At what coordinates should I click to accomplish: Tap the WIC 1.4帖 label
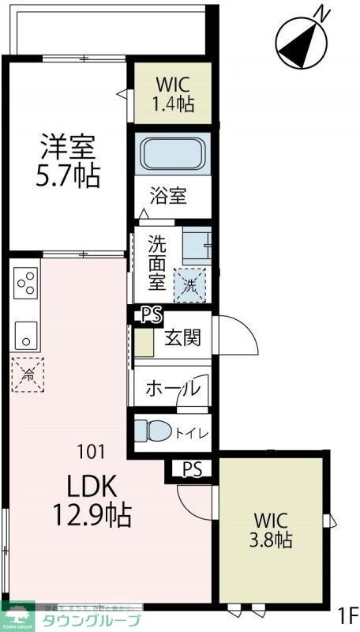coord(172,94)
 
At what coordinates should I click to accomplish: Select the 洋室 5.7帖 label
coord(68,162)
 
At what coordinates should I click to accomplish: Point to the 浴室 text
coord(170,195)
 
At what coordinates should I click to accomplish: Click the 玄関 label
coord(182,338)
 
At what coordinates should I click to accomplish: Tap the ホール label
coord(172,389)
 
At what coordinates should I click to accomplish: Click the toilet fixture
coord(151,431)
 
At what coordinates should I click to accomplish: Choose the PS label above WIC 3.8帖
coord(192,469)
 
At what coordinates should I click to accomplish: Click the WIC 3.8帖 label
coord(273,531)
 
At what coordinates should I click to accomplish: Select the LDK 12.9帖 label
coord(91,501)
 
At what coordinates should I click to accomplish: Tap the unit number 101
coord(91,453)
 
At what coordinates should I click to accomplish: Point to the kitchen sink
coord(25,335)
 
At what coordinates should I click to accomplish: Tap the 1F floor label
coord(347,614)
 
